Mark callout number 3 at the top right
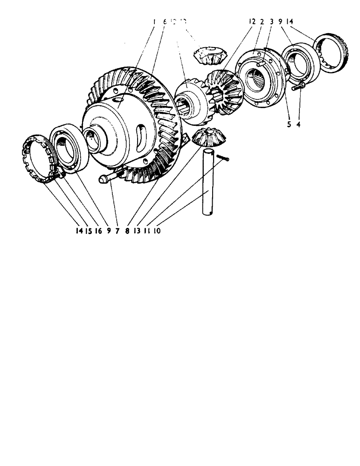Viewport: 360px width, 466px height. coord(271,21)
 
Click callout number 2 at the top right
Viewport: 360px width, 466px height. coord(262,21)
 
